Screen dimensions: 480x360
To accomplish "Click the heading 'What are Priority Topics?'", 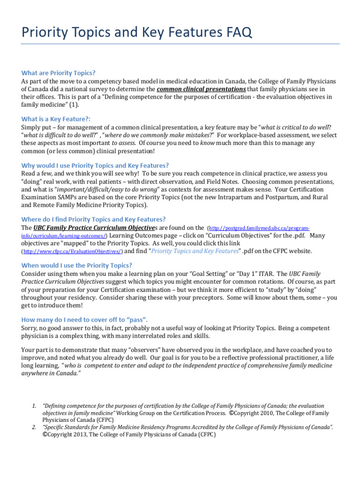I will pos(59,73).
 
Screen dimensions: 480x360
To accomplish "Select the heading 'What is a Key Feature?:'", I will pos(56,119).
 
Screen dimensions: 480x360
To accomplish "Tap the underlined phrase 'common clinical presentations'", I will pos(201,89).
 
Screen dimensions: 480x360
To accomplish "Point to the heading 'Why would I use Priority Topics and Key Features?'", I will pos(95,165).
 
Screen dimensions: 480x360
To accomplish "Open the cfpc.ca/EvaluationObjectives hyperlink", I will pos(72,251).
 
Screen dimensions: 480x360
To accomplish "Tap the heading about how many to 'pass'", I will pos(84,320).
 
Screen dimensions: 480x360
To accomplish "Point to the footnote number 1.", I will pos(34,405).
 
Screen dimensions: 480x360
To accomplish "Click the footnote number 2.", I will pos(34,427).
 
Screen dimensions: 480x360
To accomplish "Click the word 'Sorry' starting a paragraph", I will pos(30,328).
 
